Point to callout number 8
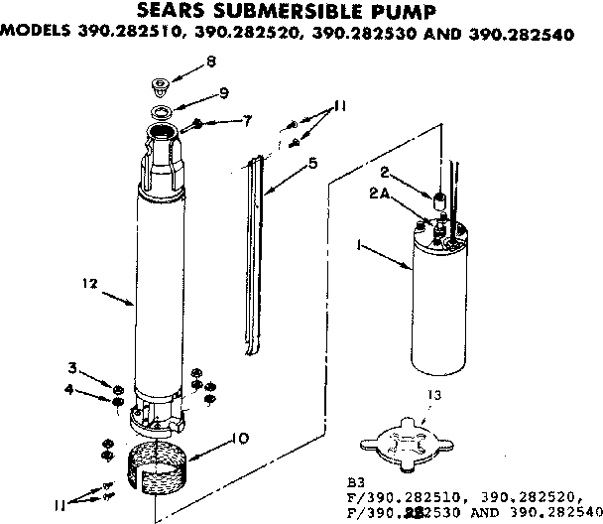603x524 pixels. click(209, 63)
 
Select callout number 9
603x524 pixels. click(224, 93)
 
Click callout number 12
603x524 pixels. click(91, 283)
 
